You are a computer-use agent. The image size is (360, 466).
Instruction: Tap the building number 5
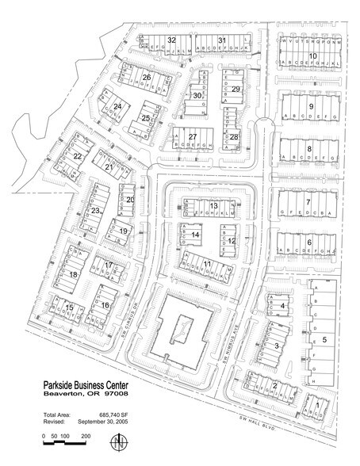click(325, 339)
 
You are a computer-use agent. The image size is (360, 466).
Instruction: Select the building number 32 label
click(171, 40)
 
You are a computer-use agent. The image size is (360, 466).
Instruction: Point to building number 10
click(313, 55)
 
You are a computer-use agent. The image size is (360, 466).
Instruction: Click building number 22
click(78, 157)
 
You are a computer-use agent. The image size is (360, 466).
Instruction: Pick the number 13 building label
click(213, 206)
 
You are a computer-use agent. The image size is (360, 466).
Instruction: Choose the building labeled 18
click(73, 274)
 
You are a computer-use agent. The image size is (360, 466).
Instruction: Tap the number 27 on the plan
click(192, 136)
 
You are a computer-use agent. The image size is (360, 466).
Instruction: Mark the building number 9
click(311, 106)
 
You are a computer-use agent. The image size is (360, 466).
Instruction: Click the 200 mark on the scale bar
click(85, 437)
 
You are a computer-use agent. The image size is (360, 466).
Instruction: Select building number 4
click(282, 304)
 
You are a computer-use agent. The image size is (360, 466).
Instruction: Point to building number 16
click(104, 304)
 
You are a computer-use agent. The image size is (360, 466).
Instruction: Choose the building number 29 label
click(236, 90)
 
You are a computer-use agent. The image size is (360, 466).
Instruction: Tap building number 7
click(308, 203)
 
